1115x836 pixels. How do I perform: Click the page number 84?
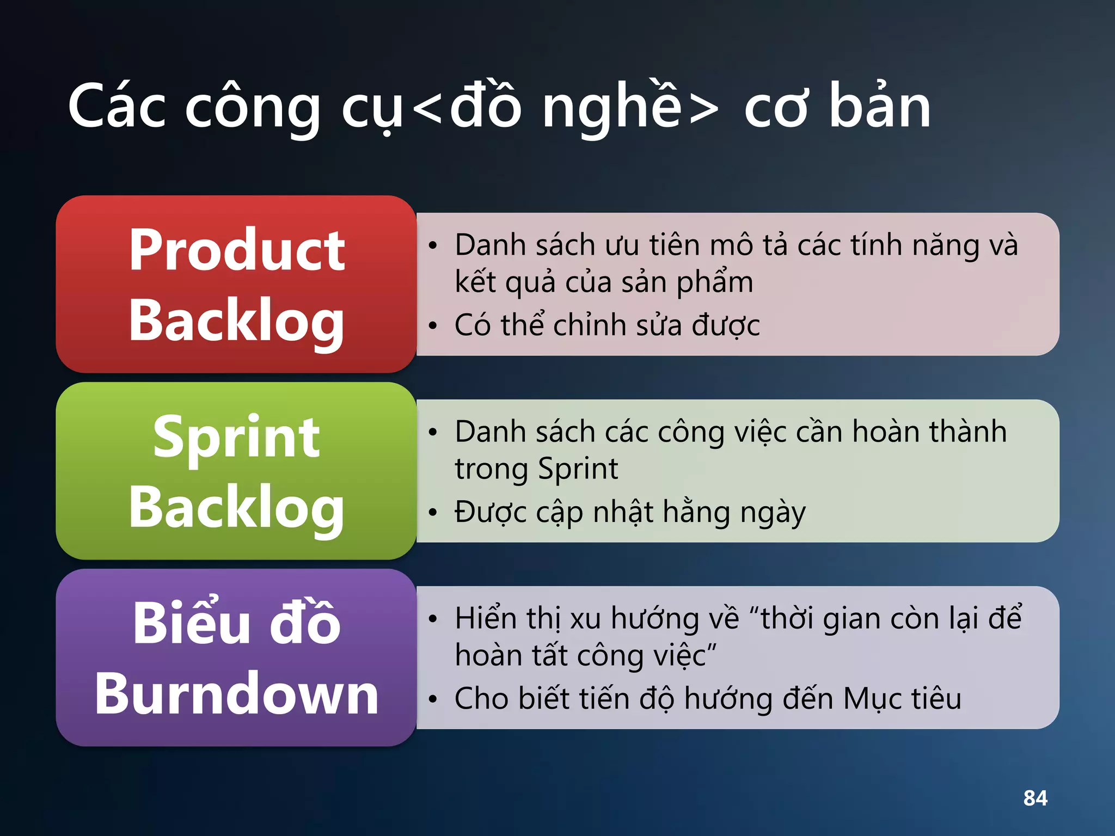(x=1035, y=798)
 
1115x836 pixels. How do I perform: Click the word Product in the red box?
(x=237, y=250)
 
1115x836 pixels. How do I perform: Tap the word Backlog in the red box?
(x=237, y=321)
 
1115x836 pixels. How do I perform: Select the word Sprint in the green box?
(x=236, y=438)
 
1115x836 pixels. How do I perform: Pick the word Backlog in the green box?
(x=237, y=507)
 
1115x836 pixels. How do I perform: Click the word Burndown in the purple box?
(x=237, y=693)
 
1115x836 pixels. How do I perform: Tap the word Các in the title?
(x=117, y=107)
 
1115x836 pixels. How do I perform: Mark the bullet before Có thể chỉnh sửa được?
(x=433, y=326)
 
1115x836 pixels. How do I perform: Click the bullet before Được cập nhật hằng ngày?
(x=433, y=513)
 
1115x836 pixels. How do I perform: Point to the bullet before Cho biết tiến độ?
(x=433, y=699)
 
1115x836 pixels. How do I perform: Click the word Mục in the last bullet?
(x=871, y=699)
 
